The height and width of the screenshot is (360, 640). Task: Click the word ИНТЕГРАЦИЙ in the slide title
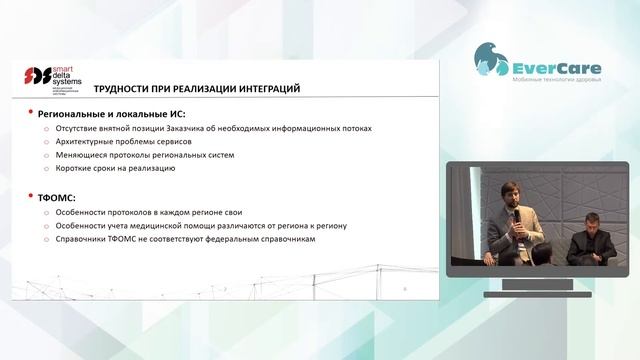coord(265,89)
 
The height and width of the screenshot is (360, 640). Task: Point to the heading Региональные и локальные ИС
coord(105,114)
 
